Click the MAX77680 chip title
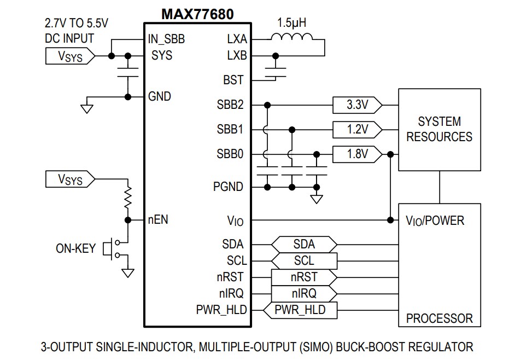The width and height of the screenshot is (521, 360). click(x=197, y=14)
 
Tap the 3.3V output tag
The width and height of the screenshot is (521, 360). click(x=356, y=104)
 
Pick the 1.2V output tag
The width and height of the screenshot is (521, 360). click(x=356, y=130)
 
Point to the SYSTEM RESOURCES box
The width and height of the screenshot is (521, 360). click(x=439, y=129)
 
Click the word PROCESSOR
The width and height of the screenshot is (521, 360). click(x=439, y=318)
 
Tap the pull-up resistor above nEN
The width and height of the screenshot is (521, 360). click(x=128, y=199)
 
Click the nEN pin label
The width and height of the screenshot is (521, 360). click(x=158, y=220)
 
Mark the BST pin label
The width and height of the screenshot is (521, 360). click(x=233, y=80)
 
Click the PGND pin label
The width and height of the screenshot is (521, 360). click(x=228, y=187)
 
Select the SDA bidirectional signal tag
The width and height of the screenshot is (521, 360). click(x=304, y=244)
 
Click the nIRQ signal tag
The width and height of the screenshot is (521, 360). click(x=304, y=293)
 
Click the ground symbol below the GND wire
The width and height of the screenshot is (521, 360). click(x=86, y=108)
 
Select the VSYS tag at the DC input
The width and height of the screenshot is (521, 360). click(x=67, y=56)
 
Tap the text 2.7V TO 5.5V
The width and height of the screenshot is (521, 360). click(x=77, y=24)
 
